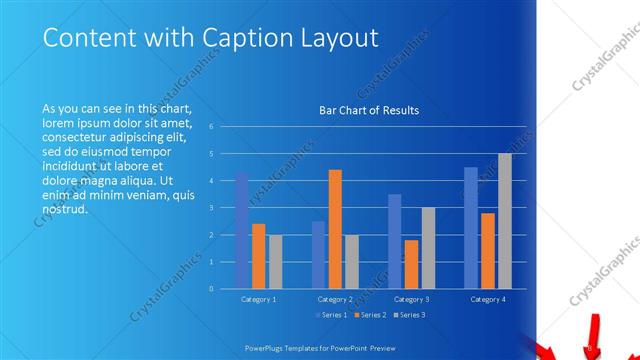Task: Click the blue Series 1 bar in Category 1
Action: [242, 230]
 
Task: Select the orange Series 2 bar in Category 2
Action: [335, 229]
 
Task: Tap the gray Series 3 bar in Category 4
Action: [505, 221]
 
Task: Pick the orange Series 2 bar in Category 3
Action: [411, 264]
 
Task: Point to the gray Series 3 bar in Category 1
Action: [275, 261]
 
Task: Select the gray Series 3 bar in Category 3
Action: [428, 248]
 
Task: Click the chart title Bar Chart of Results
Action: [368, 110]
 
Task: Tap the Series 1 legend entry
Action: [332, 315]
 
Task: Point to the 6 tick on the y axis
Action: [211, 127]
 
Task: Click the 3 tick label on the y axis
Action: [211, 208]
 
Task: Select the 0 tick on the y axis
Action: [211, 288]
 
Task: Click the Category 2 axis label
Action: [335, 299]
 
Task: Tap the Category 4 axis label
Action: [488, 299]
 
